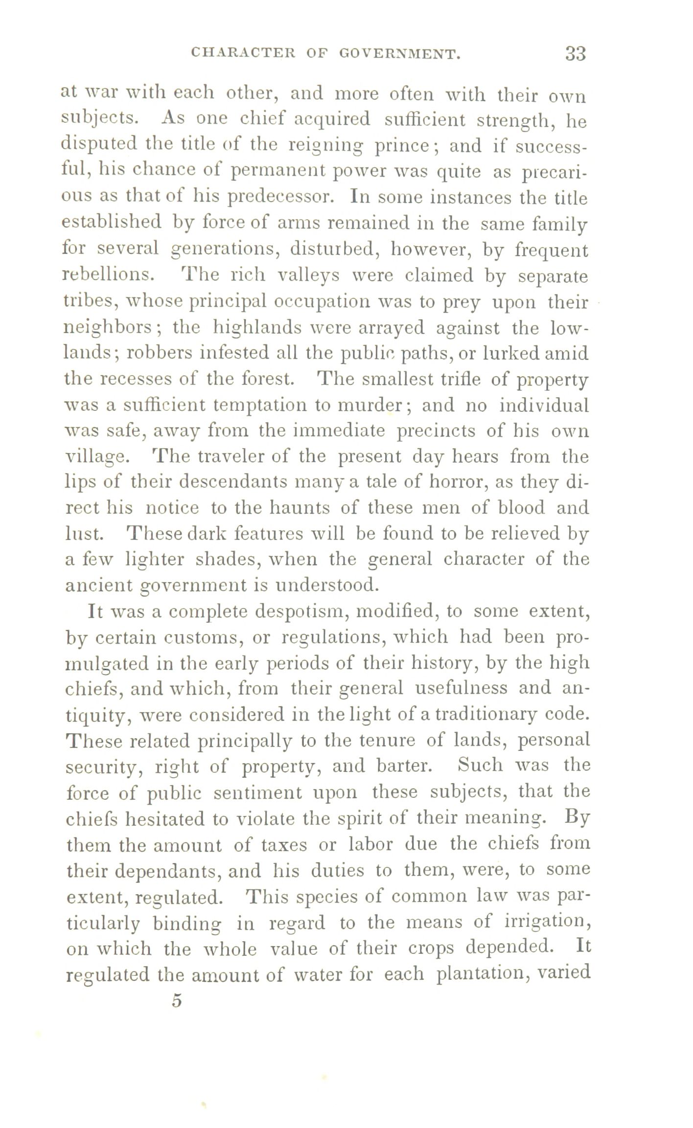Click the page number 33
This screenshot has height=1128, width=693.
click(x=575, y=53)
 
